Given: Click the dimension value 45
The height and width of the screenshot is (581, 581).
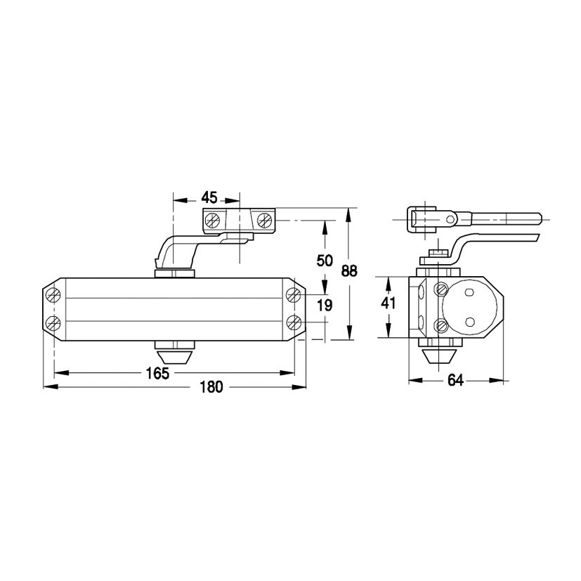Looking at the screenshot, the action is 209,198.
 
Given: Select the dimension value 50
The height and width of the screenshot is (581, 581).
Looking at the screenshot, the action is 325,261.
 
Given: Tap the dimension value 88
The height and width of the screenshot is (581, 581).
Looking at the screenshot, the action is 349,271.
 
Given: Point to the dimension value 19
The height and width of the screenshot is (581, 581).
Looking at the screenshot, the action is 325,306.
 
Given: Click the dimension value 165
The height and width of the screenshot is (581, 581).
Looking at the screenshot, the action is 157,374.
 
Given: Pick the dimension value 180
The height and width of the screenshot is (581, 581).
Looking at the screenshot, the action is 211,387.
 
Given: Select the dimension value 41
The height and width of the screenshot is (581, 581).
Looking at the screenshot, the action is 389,303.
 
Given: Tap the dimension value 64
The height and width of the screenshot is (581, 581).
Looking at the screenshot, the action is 455,380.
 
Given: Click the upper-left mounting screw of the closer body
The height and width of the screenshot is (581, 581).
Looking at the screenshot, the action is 53,295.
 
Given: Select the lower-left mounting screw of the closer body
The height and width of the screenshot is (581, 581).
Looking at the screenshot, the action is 53,323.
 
